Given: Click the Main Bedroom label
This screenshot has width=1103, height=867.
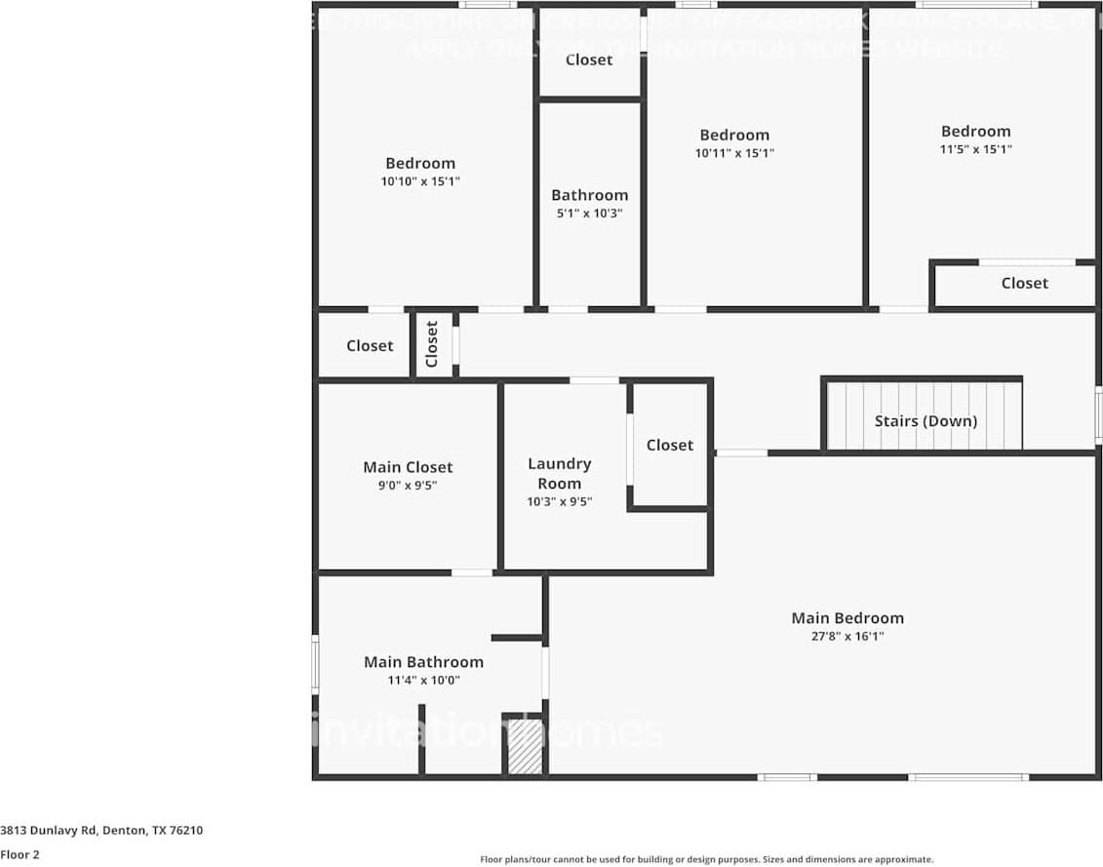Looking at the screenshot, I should pos(847,617).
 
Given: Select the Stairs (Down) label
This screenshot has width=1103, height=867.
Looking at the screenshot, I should pos(925,421).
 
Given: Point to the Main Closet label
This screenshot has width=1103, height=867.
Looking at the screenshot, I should pos(408,467).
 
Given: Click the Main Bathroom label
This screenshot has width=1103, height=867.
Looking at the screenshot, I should pos(423,662).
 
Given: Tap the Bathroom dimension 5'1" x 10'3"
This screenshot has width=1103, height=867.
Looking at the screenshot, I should pos(589,214).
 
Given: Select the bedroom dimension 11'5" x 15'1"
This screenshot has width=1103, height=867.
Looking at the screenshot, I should pos(975,150).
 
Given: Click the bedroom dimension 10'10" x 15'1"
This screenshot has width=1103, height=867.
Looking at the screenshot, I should pos(419,181).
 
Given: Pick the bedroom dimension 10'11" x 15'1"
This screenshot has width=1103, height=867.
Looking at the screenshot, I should pos(734,153).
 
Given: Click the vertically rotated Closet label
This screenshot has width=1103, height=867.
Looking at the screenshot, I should pos(432,344).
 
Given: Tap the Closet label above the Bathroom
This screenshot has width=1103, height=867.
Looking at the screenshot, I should pos(589,59).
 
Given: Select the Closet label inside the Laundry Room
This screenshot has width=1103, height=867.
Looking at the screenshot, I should pos(670,445).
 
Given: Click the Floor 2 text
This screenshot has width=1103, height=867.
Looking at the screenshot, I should pos(20,854).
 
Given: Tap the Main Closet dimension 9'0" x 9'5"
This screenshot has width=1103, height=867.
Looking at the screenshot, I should pos(408,485).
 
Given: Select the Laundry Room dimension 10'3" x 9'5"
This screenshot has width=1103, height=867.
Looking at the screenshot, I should pos(559,502).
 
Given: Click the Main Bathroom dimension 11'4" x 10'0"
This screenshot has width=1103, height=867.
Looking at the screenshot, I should pos(423,681).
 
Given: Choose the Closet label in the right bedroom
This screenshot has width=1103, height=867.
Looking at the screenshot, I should pos(1024,283).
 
